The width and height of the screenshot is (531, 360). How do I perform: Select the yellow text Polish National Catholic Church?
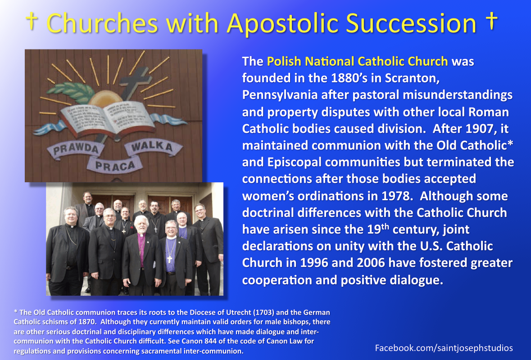tap(358, 61)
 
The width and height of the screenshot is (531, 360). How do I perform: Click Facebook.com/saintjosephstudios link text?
tap(444, 348)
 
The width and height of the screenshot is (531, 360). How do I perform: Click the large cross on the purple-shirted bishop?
tap(170, 259)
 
